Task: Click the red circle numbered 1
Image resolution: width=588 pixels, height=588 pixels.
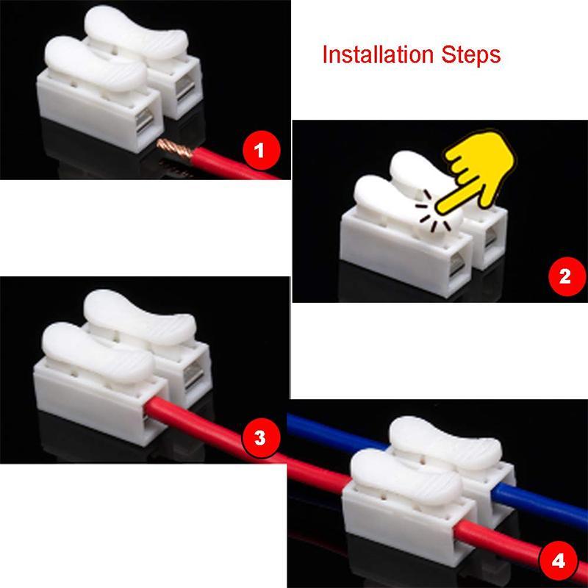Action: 258,152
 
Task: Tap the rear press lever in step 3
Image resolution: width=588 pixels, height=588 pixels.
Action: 140,312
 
